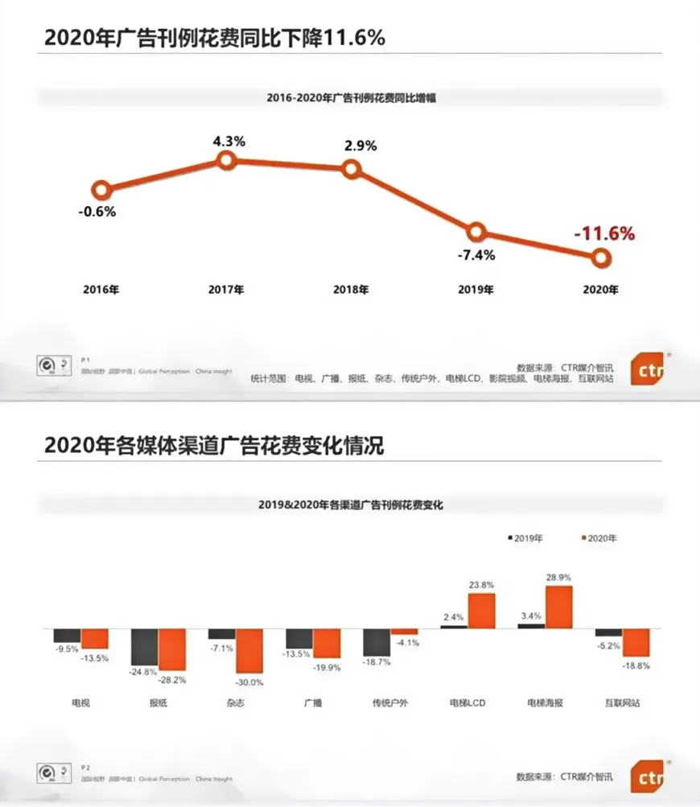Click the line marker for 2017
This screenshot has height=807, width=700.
click(227, 161)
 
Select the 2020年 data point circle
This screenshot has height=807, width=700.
click(600, 257)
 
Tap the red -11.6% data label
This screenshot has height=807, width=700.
click(604, 234)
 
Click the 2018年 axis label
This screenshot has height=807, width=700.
click(351, 290)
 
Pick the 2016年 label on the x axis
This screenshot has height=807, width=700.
click(101, 290)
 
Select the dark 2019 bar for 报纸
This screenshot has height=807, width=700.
click(144, 648)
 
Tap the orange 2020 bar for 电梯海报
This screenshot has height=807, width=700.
click(558, 607)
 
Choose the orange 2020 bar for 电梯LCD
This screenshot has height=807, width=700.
click(481, 611)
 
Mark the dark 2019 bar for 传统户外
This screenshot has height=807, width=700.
click(376, 642)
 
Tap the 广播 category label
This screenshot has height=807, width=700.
click(312, 702)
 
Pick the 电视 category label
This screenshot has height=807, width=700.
click(80, 702)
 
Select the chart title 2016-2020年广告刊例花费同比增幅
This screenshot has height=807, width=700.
click(351, 97)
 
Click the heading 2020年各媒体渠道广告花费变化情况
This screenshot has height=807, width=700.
click(214, 445)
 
